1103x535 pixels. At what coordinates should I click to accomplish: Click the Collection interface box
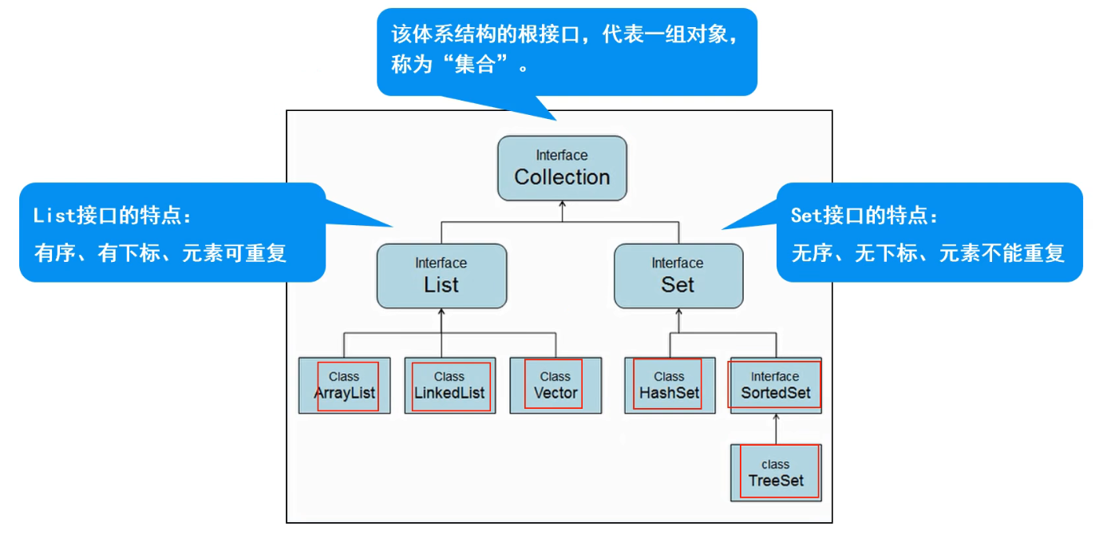coord(562,168)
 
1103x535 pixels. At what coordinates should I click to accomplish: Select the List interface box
coord(441,276)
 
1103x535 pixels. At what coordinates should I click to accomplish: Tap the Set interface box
coord(678,276)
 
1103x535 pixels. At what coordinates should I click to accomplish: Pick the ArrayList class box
coord(344,385)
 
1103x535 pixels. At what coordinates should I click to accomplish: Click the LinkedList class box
coord(449,385)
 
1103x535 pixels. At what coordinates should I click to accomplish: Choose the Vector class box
coord(555,385)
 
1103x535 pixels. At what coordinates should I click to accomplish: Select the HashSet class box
coord(669,385)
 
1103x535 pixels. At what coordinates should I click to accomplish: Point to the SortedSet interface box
coord(775,385)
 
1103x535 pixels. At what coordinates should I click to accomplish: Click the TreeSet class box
coord(776,473)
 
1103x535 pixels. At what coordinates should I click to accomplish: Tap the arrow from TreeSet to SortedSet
coord(776,428)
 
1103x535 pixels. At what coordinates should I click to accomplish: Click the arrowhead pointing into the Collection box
coord(562,205)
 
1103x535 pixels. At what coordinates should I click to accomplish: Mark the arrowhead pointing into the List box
coord(441,313)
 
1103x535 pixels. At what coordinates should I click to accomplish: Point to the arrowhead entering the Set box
coord(678,313)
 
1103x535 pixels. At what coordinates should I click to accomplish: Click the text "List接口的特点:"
coord(112,216)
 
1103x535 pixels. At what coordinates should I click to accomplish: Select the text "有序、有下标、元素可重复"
coord(160,254)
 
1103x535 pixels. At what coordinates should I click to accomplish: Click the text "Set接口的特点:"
coord(865,216)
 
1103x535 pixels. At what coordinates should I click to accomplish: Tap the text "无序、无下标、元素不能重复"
coord(928,254)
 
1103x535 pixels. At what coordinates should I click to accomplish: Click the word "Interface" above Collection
coord(562,155)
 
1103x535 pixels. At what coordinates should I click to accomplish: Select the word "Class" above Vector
coord(555,376)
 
